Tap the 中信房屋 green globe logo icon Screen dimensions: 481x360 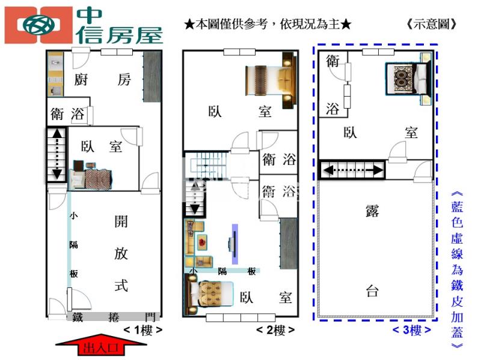tap(38, 25)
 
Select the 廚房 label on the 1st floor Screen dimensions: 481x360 tap(102, 80)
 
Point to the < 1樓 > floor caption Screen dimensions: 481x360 tap(142, 330)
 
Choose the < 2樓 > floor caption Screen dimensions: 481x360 tap(275, 330)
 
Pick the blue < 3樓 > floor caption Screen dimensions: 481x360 tap(412, 329)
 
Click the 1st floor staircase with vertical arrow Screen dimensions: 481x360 tap(57, 155)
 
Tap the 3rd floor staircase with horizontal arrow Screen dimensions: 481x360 tap(352, 170)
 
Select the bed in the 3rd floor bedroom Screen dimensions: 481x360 tap(409, 79)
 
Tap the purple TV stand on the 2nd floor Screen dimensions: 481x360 tap(234, 244)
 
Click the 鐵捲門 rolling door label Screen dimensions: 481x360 tap(114, 317)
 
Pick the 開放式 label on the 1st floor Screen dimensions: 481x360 tap(121, 253)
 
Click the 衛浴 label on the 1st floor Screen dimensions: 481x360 tap(67, 114)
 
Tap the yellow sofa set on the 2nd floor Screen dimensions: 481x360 tap(198, 243)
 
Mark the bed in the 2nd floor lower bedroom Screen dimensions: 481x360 tap(209, 295)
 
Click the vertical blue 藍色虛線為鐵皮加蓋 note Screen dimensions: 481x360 tap(457, 270)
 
